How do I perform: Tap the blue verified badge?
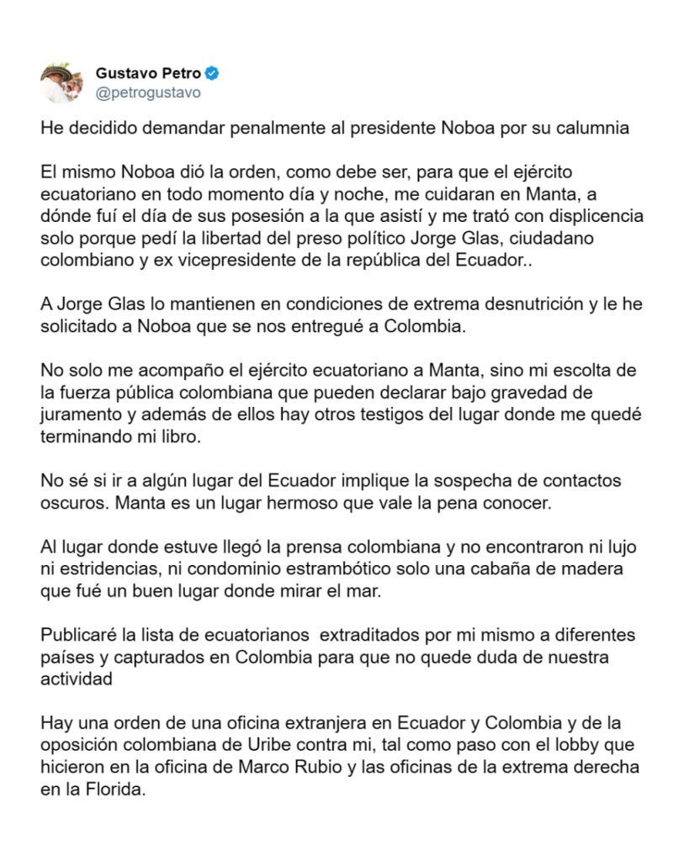213,73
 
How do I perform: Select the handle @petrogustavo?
148,92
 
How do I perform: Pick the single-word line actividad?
76,676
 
